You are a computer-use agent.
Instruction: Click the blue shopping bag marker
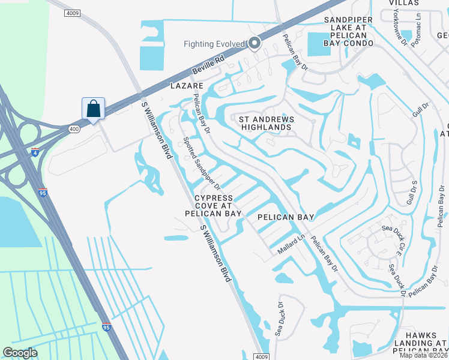pos(93,109)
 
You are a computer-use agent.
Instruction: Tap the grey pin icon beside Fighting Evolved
pos(255,43)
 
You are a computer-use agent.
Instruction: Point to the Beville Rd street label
pos(208,66)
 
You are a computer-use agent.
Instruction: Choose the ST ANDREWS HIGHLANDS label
pos(267,124)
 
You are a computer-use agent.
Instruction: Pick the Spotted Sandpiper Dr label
pos(202,162)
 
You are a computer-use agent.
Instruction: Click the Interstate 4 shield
pos(36,152)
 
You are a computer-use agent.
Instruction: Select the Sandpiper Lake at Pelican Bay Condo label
pos(349,32)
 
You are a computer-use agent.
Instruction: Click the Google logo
pos(20,353)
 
